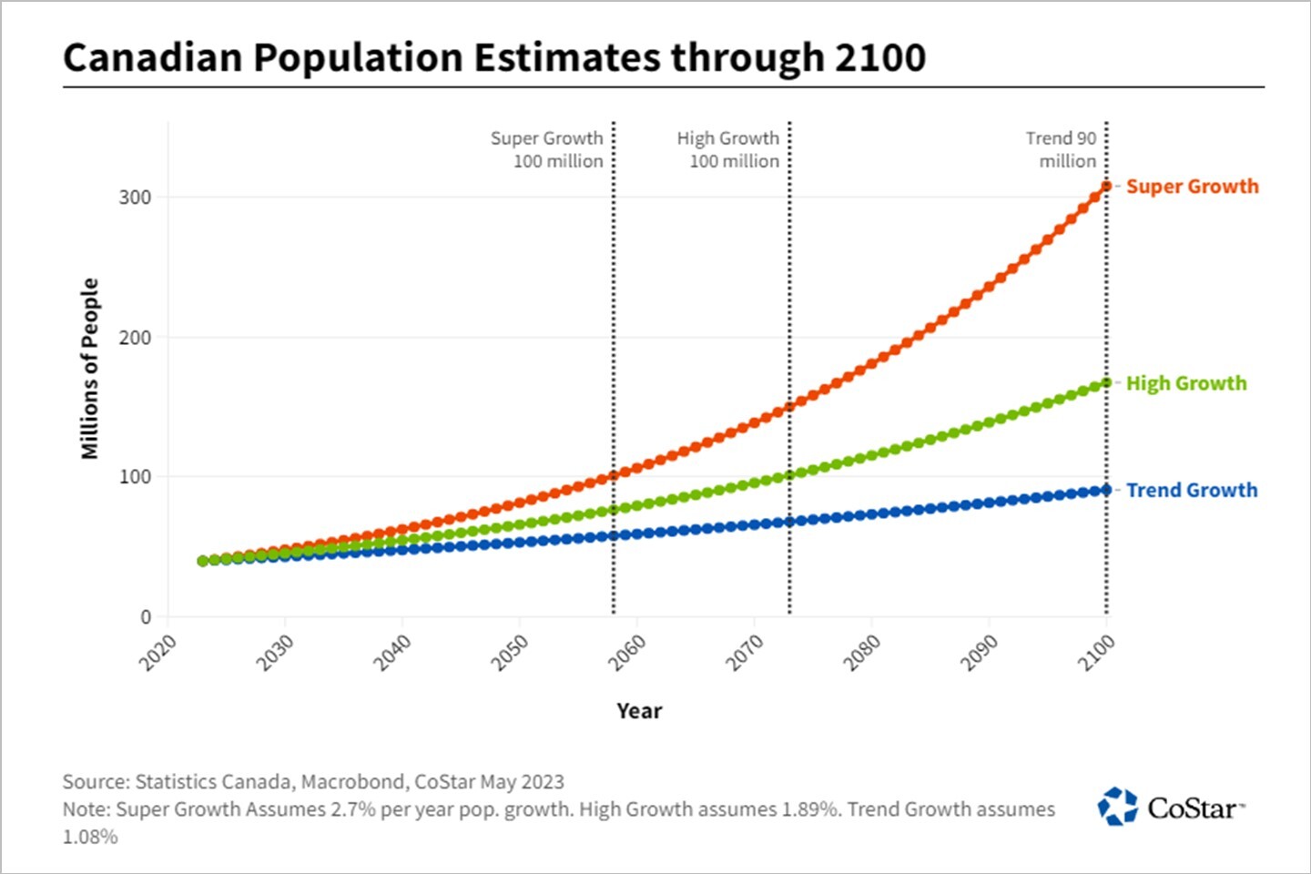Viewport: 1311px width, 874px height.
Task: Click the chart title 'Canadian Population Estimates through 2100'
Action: point(494,57)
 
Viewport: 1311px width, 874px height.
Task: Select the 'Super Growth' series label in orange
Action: point(1192,187)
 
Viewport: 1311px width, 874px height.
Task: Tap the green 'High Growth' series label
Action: point(1185,383)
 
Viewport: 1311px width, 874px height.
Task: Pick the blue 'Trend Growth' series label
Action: point(1191,491)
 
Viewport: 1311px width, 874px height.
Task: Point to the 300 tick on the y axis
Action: point(135,198)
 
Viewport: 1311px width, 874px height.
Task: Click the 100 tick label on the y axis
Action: point(135,477)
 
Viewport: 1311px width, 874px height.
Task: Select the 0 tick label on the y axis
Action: point(146,617)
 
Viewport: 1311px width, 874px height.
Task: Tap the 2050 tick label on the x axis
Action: point(509,653)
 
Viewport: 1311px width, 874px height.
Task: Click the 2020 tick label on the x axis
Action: point(158,653)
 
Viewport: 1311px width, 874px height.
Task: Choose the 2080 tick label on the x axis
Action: point(861,653)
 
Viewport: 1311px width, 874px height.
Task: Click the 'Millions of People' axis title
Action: point(89,369)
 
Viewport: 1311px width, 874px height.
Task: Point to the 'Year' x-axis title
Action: point(638,711)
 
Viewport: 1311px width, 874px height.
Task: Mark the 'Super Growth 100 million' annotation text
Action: point(548,149)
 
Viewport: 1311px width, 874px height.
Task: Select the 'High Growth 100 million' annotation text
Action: point(728,149)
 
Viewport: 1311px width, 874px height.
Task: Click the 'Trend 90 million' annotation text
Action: point(1062,149)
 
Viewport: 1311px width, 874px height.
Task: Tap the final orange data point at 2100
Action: point(1106,186)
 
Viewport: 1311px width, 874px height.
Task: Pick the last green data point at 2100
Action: point(1106,382)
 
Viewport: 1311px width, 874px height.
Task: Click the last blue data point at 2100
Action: point(1106,490)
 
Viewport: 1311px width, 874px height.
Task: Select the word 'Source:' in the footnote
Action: point(96,781)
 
